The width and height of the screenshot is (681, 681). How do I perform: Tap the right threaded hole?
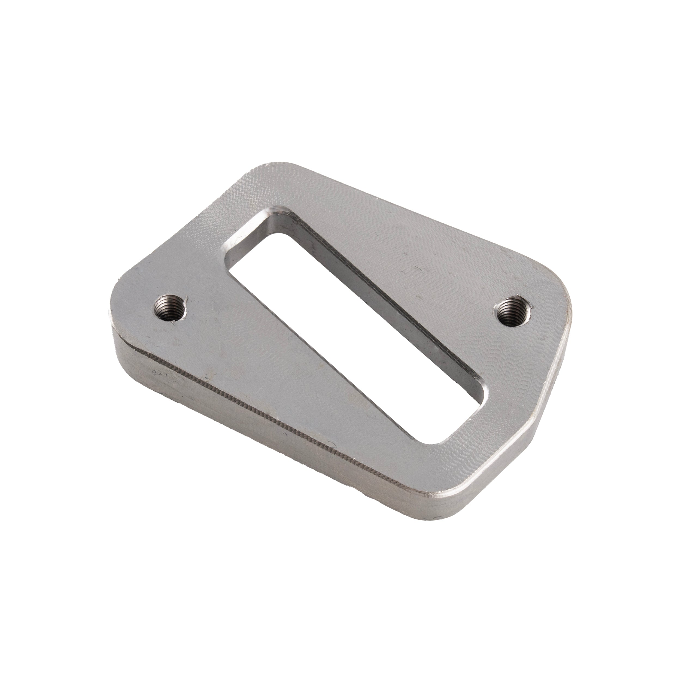510,309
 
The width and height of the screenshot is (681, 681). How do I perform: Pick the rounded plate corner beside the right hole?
560,296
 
